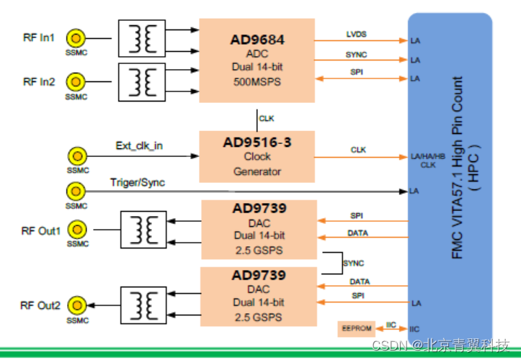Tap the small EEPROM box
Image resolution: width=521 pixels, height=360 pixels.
[x=356, y=328]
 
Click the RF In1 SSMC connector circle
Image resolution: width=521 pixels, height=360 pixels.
[x=75, y=37]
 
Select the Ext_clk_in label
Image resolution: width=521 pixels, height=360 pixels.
[x=139, y=146]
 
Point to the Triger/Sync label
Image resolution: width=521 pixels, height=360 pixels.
[x=137, y=182]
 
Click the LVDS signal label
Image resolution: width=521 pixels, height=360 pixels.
[x=356, y=32]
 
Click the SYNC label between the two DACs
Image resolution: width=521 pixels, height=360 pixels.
[x=353, y=263]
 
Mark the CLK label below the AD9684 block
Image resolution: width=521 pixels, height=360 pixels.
[x=267, y=119]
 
